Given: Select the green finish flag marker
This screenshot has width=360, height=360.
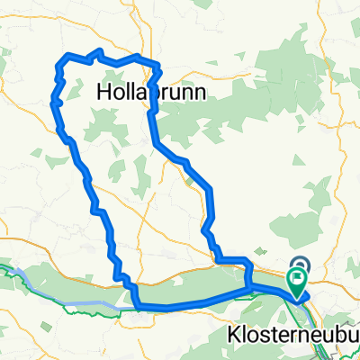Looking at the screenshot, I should click(297, 281).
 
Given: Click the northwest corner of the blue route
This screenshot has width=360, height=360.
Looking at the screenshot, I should click(61, 61).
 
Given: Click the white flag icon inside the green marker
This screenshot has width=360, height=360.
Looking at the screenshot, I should click(297, 279).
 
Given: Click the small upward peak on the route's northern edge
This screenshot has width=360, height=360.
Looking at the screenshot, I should click(98, 50).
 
